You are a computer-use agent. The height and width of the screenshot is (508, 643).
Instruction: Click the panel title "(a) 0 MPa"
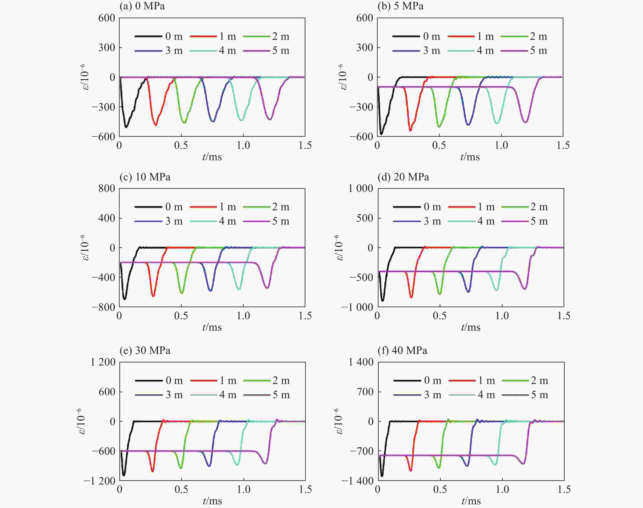pos(142,6)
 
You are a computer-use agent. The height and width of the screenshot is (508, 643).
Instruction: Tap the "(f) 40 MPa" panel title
pos(402,350)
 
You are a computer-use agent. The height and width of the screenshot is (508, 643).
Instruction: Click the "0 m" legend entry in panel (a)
pos(159,36)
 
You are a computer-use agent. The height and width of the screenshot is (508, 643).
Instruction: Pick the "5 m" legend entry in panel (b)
pos(524,51)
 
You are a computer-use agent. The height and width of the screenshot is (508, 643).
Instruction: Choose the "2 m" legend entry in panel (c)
pos(266,207)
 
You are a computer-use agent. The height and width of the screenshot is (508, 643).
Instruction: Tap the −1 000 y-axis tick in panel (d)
pos(357,307)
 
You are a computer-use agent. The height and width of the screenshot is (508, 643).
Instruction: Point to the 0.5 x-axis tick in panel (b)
pos(439,146)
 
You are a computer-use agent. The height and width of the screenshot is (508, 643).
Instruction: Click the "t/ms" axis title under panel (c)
pos(212,327)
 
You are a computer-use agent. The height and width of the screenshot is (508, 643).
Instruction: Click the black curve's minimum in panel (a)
pos(126,127)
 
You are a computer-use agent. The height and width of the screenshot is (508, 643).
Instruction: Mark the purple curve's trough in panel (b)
pos(525,122)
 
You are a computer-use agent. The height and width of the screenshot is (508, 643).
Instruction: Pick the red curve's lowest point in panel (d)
pos(411,297)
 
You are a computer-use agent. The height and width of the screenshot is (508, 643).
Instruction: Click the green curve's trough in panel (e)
pos(180,468)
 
